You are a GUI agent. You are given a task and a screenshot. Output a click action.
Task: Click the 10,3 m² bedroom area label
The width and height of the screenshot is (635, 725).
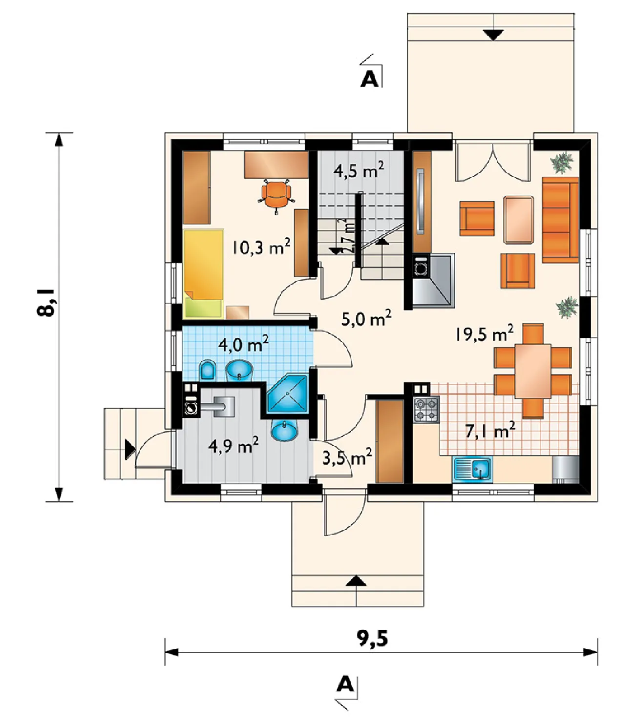[x=261, y=247]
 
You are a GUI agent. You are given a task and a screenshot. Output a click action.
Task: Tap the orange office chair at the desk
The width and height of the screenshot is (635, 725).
[x=276, y=194]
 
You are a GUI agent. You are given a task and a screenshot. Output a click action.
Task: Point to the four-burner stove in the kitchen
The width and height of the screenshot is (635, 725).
[x=426, y=409]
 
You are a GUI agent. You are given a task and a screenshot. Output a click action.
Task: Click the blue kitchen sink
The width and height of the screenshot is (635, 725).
[x=473, y=470]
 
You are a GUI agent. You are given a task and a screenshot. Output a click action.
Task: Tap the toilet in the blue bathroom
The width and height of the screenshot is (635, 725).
[x=208, y=371]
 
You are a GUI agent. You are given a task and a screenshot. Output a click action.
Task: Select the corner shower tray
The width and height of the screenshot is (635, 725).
[x=288, y=394]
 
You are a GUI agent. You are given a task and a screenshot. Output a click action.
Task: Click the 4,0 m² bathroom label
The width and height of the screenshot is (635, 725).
[x=243, y=343]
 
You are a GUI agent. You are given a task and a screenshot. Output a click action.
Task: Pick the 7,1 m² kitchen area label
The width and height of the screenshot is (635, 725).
[x=490, y=431]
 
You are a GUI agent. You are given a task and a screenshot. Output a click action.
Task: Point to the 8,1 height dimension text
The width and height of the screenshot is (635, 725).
[x=45, y=302]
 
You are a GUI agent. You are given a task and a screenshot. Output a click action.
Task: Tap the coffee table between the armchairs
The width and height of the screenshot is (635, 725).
[x=518, y=220]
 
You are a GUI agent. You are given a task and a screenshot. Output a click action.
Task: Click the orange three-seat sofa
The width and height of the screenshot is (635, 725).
[x=560, y=220]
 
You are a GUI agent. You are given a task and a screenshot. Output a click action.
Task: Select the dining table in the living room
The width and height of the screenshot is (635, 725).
[x=533, y=371]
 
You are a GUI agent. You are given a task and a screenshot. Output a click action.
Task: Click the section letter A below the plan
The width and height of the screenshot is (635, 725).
[x=345, y=684]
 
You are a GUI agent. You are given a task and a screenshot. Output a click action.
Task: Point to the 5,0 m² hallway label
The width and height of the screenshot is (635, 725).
[x=366, y=318]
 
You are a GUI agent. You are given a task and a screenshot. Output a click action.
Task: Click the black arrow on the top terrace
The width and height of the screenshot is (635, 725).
[x=493, y=35]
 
